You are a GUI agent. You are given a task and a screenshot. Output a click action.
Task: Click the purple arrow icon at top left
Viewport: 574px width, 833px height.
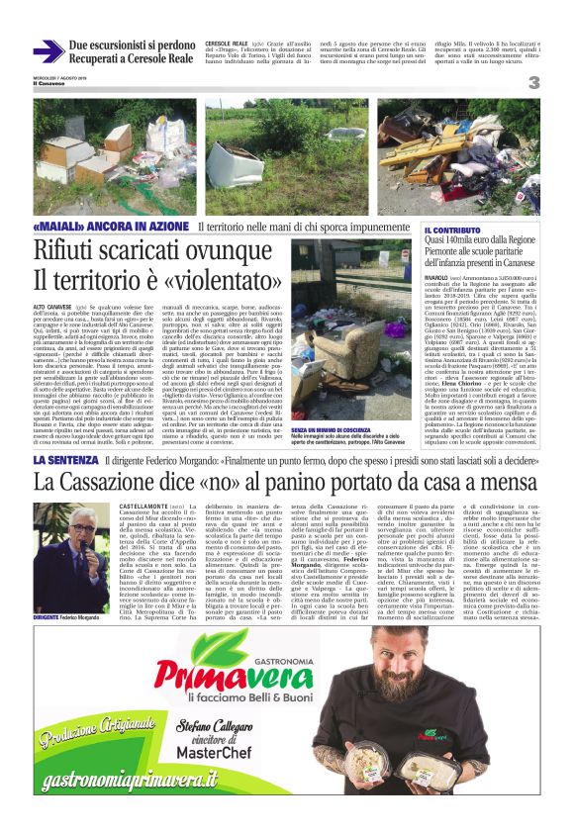[46, 50]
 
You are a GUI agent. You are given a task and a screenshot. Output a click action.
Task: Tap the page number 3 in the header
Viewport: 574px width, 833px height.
[532, 83]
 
